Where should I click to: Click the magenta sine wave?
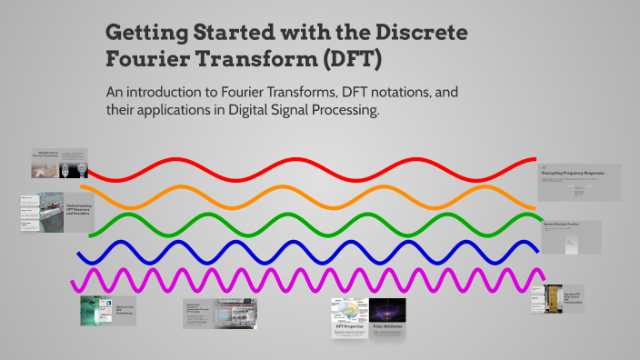pyautogui.click(x=273, y=277)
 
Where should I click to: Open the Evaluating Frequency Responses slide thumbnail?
pyautogui.click(x=579, y=182)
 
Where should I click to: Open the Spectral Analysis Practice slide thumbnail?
pyautogui.click(x=571, y=236)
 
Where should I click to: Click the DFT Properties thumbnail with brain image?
pyautogui.click(x=350, y=317)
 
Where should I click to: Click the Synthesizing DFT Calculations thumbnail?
pyautogui.click(x=107, y=309)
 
